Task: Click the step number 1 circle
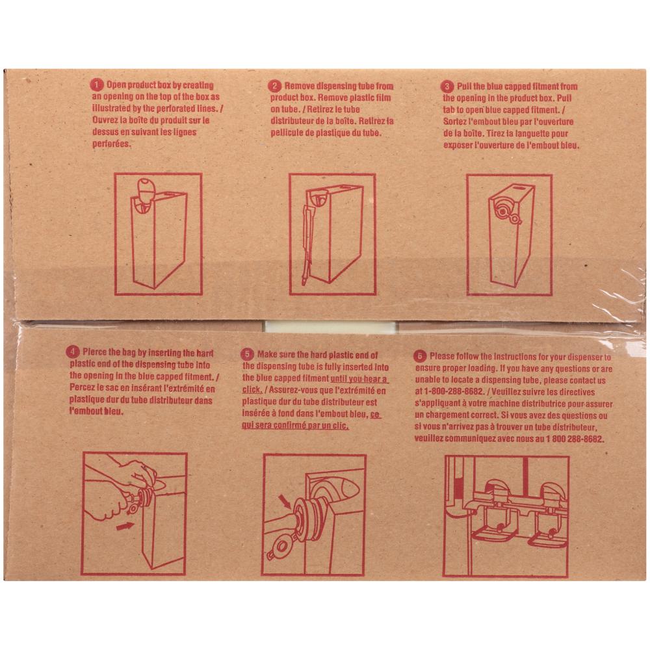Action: pos(96,85)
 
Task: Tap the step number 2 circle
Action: pos(274,86)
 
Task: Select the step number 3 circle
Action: pos(447,86)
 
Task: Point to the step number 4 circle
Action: pos(73,352)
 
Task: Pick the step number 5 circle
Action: pos(247,354)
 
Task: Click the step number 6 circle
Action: pos(419,356)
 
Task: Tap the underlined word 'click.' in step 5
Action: pos(252,389)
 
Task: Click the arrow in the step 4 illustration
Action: pos(125,526)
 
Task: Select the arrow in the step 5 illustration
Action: pos(286,502)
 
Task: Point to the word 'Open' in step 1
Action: pos(116,85)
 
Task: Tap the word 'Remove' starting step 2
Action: pos(299,86)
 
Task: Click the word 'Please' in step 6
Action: pos(442,356)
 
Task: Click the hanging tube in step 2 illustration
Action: pos(307,244)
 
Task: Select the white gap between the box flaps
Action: pos(330,327)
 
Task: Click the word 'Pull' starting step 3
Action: pos(464,86)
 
